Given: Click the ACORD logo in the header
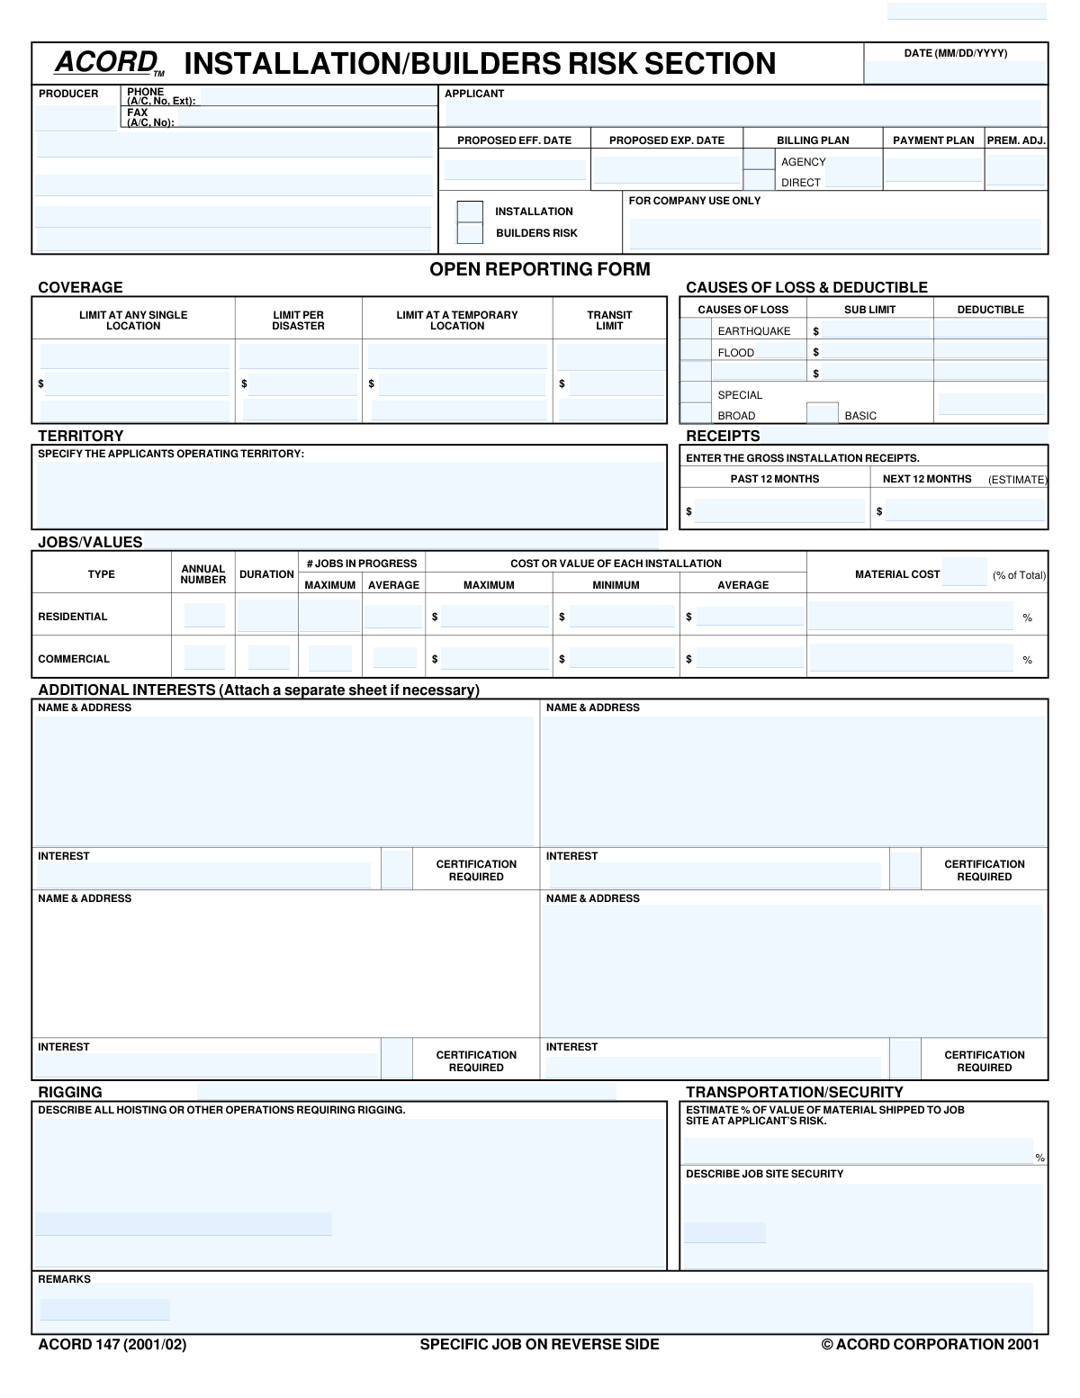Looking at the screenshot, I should [107, 62].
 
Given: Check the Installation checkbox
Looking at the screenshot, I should [470, 212].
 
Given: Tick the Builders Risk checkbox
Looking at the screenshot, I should [470, 233].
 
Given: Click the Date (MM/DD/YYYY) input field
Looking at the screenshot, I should [955, 72].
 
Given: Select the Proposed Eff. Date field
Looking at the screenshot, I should [514, 169].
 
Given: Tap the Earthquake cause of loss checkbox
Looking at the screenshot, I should [695, 329].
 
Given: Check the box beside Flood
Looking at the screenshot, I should [695, 351].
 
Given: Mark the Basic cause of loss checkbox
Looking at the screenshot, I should [822, 414].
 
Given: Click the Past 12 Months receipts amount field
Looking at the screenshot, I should [778, 511].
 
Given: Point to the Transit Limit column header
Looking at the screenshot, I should [609, 320].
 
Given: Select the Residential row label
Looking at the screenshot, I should [73, 617].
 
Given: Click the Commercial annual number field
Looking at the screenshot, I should [204, 658].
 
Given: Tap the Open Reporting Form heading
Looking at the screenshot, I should [539, 269].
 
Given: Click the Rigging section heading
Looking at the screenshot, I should [70, 1092].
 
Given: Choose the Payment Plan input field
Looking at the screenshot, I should [933, 169].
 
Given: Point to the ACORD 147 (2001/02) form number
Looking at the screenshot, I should [112, 1344].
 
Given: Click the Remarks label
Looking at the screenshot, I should [64, 1279].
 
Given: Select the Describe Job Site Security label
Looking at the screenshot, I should [764, 1174].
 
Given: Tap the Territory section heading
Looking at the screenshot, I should [81, 436].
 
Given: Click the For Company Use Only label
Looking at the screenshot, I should [695, 201].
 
